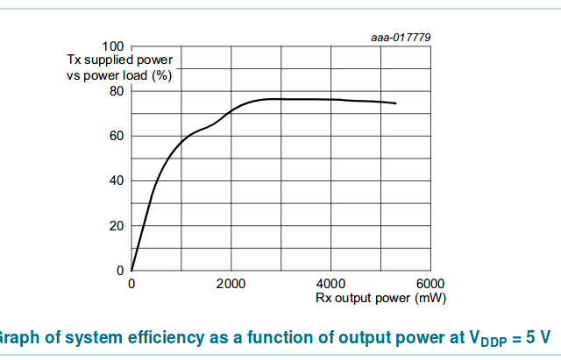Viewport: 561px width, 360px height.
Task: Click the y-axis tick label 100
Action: click(x=114, y=46)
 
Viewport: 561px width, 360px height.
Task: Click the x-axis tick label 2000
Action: click(x=231, y=284)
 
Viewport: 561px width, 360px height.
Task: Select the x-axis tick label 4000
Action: click(x=330, y=284)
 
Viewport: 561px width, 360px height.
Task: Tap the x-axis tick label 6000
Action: click(x=430, y=284)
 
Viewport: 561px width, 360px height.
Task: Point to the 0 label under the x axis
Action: click(x=131, y=284)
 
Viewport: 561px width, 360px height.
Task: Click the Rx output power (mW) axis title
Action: click(x=381, y=298)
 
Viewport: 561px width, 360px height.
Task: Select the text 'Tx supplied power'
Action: click(x=120, y=60)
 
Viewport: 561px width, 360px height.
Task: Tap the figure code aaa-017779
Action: click(x=401, y=37)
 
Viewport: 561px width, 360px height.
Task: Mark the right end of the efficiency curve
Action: click(x=395, y=103)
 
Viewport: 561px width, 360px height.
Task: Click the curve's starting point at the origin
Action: click(x=131, y=271)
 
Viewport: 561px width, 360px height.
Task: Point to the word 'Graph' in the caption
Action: click(x=16, y=336)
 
